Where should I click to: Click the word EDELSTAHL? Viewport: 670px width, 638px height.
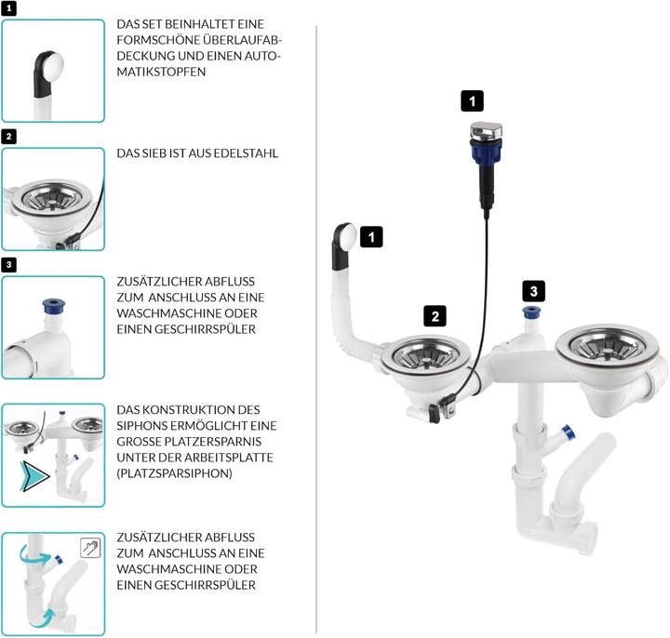coord(244,153)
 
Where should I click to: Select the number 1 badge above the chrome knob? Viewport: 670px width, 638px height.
coord(473,100)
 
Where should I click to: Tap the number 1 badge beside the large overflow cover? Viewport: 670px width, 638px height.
coord(371,237)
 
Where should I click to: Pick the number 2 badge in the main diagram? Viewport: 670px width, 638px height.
coord(434,315)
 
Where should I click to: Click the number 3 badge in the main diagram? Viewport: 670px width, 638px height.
coord(532,290)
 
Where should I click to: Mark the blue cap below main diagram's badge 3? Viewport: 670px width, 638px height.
coord(531,313)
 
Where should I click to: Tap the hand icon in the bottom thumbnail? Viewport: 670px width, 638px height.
coord(90,546)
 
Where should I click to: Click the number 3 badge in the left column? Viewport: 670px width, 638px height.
coord(8,264)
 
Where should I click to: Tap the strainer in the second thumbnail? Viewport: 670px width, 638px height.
coord(56,198)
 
